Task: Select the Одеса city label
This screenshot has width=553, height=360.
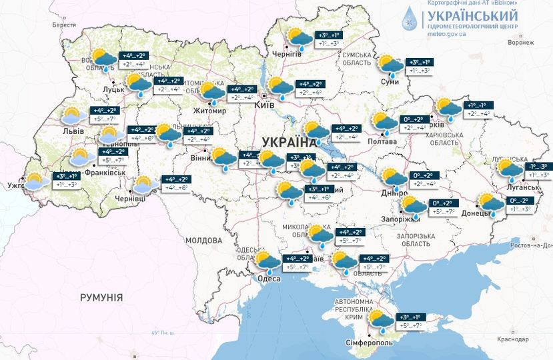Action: tap(269, 279)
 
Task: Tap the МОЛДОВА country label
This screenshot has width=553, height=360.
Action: tap(203, 240)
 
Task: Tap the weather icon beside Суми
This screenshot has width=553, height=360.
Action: tap(390, 65)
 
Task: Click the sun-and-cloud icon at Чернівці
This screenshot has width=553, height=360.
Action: tap(145, 185)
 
